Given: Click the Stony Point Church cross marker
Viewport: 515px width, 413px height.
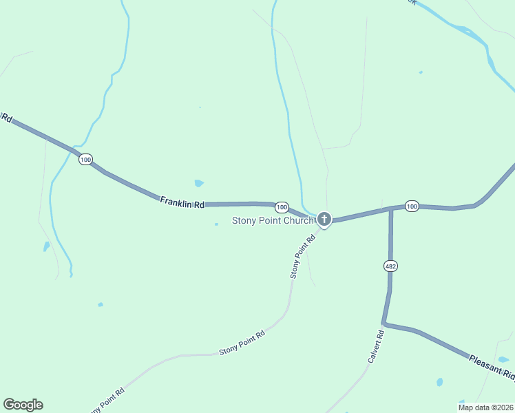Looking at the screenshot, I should pyautogui.click(x=324, y=220).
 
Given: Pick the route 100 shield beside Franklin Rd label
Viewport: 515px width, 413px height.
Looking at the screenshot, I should pyautogui.click(x=282, y=207).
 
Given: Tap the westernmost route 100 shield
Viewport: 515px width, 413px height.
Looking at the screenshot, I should pyautogui.click(x=85, y=160).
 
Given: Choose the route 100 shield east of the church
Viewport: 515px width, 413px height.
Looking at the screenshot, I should pyautogui.click(x=412, y=206).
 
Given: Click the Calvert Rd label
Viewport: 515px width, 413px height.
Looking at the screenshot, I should pyautogui.click(x=375, y=347).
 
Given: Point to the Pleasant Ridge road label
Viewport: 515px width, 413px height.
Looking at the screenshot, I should pyautogui.click(x=492, y=368).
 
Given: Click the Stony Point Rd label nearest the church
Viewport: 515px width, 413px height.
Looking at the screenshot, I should pyautogui.click(x=302, y=256).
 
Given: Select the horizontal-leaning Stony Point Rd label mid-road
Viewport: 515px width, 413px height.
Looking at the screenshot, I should pyautogui.click(x=242, y=342).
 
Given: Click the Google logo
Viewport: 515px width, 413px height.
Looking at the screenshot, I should pyautogui.click(x=23, y=405).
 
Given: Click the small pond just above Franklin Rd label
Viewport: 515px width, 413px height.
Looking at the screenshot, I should pyautogui.click(x=199, y=183).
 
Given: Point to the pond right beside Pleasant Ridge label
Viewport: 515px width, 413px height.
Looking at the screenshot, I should pyautogui.click(x=503, y=359).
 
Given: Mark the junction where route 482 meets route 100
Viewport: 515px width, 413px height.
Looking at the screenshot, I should pyautogui.click(x=391, y=209).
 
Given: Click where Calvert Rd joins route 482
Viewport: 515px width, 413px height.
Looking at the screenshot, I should pyautogui.click(x=384, y=323).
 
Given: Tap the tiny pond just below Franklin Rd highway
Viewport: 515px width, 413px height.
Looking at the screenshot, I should pyautogui.click(x=216, y=224).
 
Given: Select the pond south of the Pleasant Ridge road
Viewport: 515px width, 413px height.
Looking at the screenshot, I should pyautogui.click(x=439, y=381).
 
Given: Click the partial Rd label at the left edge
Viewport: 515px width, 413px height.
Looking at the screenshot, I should pyautogui.click(x=7, y=118).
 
